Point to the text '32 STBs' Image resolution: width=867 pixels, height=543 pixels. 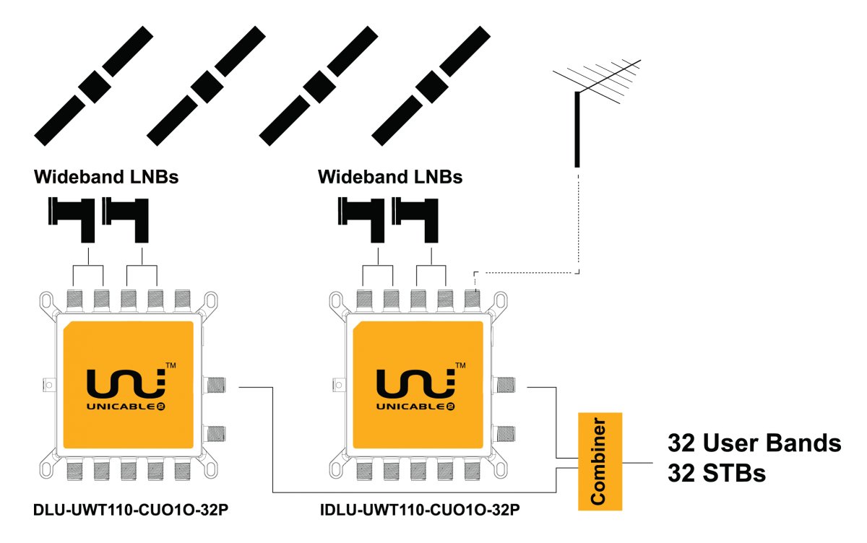coord(717,474)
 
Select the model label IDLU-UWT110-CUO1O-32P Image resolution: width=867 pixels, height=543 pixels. coord(420,511)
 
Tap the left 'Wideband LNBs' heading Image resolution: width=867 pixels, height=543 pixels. coord(106,177)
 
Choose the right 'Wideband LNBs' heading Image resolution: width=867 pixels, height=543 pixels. coord(390,177)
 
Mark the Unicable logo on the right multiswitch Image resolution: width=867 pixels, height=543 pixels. coord(414,390)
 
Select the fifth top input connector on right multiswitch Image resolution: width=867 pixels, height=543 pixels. coord(472,299)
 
